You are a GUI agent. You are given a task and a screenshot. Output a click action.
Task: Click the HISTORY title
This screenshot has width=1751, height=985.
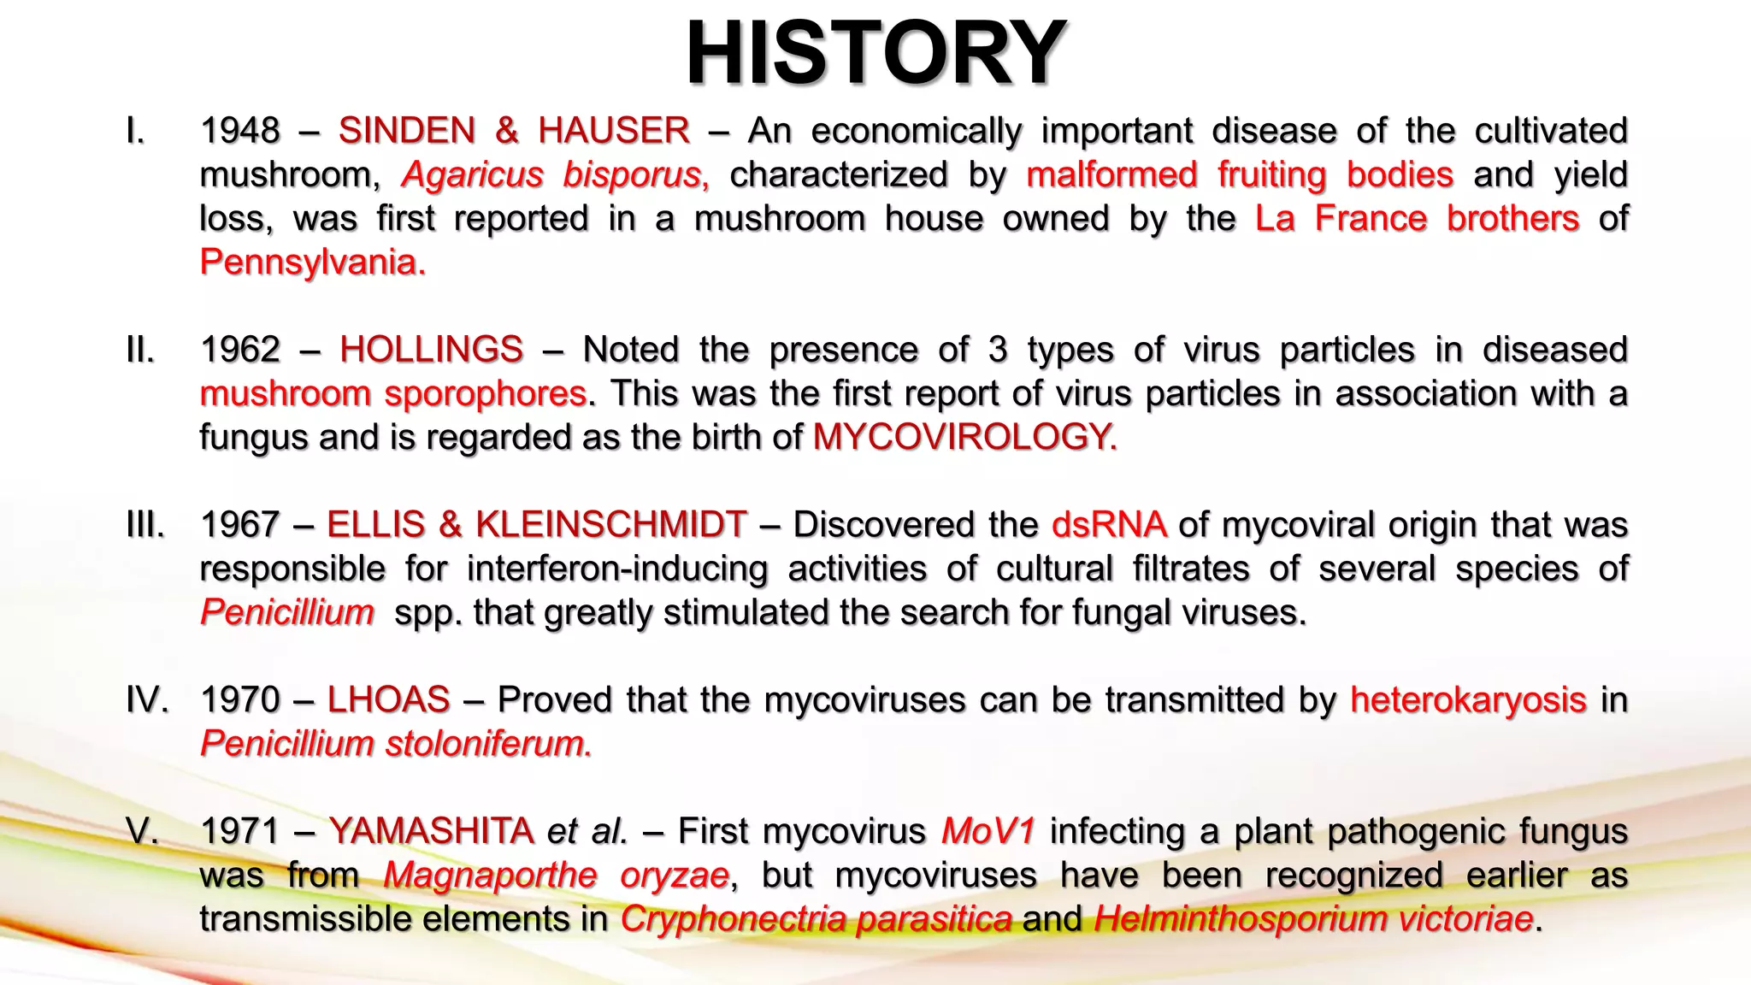click(875, 53)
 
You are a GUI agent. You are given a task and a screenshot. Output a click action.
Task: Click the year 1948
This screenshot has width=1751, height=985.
click(239, 131)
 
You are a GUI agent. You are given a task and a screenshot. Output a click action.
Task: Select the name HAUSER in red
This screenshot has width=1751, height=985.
click(613, 131)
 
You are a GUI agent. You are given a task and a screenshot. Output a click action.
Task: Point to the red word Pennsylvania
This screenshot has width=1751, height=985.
click(312, 262)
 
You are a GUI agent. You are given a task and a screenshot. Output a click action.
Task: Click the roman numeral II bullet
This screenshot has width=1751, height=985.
click(140, 350)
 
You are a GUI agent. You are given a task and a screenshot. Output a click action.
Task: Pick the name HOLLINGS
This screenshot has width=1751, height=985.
click(431, 350)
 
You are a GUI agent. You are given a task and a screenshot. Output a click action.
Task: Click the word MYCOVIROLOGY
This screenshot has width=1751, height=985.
click(964, 437)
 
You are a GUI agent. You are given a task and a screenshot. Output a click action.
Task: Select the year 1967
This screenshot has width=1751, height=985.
click(239, 524)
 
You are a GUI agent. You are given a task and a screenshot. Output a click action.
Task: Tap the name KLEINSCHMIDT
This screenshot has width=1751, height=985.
click(610, 524)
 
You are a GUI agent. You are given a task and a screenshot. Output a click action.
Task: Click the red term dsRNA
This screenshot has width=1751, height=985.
click(1109, 524)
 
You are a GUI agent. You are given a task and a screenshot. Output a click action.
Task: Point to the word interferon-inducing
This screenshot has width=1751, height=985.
click(617, 569)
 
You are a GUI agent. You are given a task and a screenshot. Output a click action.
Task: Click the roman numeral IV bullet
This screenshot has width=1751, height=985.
click(146, 699)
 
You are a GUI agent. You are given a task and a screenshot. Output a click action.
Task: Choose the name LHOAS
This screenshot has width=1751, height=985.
click(388, 699)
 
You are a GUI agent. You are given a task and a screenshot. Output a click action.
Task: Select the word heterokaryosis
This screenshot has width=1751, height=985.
click(1468, 699)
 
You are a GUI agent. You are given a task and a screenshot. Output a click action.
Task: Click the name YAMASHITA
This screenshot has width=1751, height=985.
click(431, 831)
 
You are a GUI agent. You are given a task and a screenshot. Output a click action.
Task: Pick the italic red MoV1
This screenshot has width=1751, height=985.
click(988, 831)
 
